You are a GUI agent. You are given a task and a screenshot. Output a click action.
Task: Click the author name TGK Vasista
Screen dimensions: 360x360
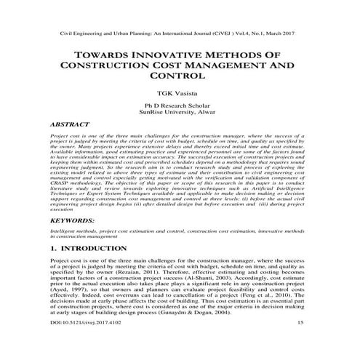pos(180,94)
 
